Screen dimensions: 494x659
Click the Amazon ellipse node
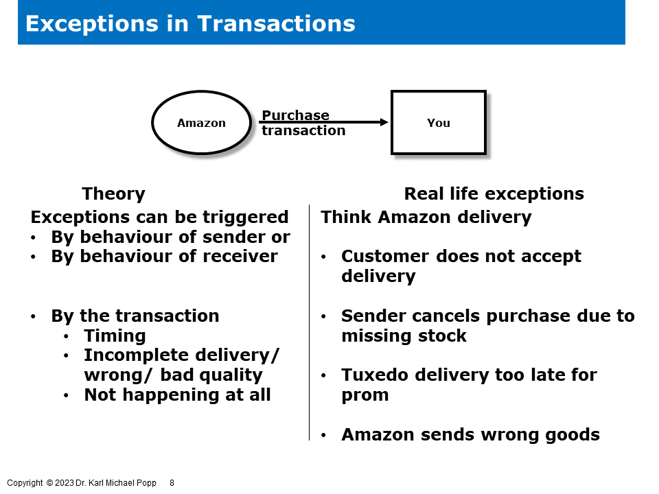click(201, 123)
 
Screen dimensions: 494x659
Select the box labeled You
click(438, 123)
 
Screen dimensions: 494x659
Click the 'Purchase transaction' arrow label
click(303, 123)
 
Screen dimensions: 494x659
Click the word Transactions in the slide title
click(276, 23)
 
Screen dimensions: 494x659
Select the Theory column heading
click(113, 193)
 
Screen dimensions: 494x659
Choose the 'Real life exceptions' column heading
click(494, 193)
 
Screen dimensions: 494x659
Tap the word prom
click(365, 395)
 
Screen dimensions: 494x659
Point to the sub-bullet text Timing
click(115, 336)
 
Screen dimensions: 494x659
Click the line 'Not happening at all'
click(177, 395)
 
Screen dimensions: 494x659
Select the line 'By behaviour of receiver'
click(164, 256)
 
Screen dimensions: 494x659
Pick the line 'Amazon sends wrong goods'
click(470, 434)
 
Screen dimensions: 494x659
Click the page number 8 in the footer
click(172, 483)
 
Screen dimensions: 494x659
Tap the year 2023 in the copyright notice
click(65, 483)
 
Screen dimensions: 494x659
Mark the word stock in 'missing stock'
click(444, 336)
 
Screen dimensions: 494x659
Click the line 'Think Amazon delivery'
click(426, 217)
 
